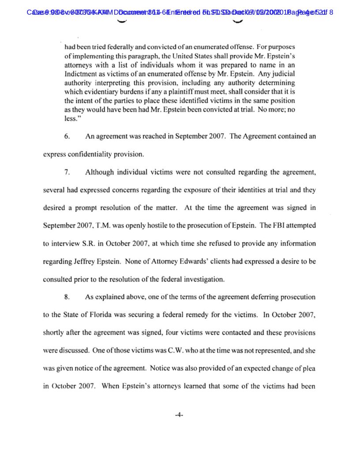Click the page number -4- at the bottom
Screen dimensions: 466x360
tap(179, 415)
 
